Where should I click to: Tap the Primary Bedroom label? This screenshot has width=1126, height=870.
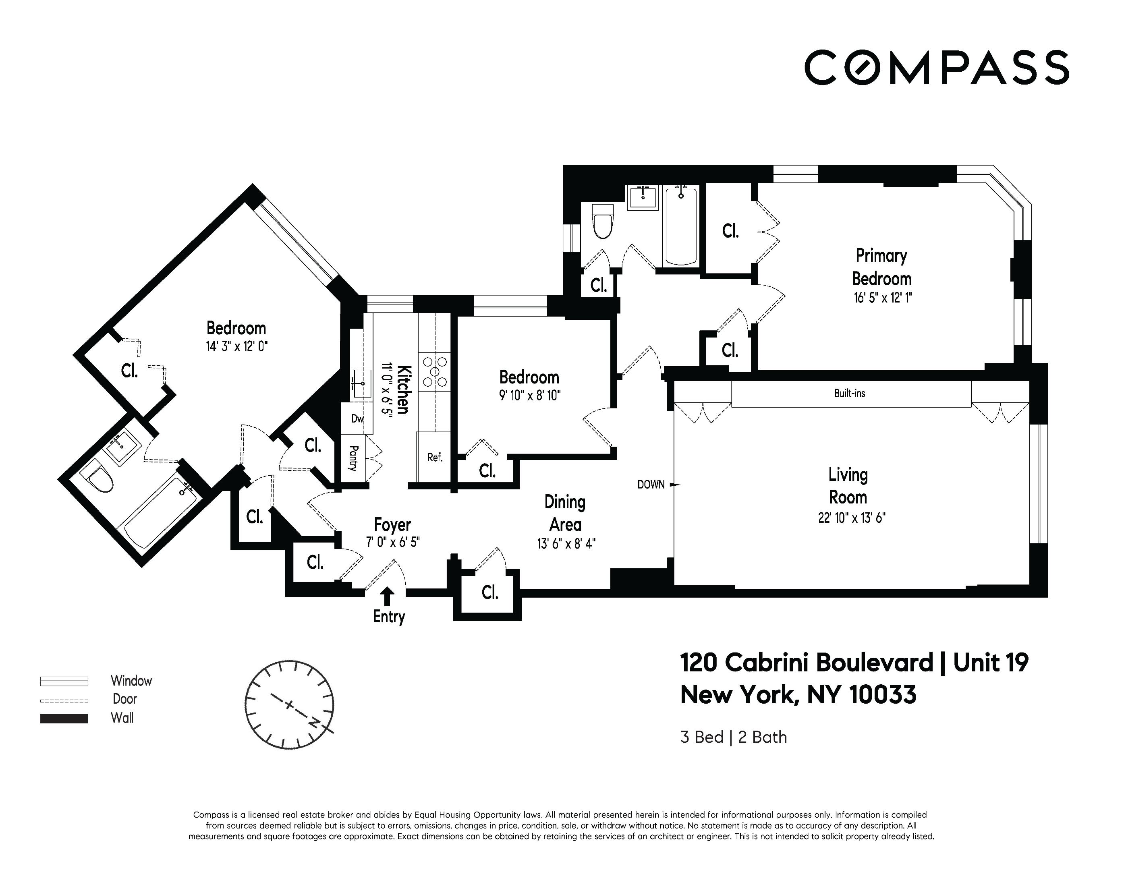click(881, 267)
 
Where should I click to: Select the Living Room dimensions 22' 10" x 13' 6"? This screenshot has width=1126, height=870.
click(852, 518)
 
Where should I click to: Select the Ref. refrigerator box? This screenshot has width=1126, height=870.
click(435, 458)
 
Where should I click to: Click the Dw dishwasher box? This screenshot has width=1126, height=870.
click(357, 418)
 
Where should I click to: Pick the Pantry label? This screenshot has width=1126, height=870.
click(354, 458)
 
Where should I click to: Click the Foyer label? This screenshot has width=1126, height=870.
click(392, 525)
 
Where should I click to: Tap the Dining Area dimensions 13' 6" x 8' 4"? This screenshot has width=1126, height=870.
click(566, 544)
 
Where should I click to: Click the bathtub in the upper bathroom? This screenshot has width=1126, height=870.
click(681, 227)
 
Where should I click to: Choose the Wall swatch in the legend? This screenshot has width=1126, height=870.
click(64, 719)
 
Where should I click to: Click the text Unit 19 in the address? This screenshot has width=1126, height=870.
click(990, 662)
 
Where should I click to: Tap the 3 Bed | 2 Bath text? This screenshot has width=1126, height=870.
click(733, 737)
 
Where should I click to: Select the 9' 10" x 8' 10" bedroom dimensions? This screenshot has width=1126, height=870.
click(529, 396)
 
